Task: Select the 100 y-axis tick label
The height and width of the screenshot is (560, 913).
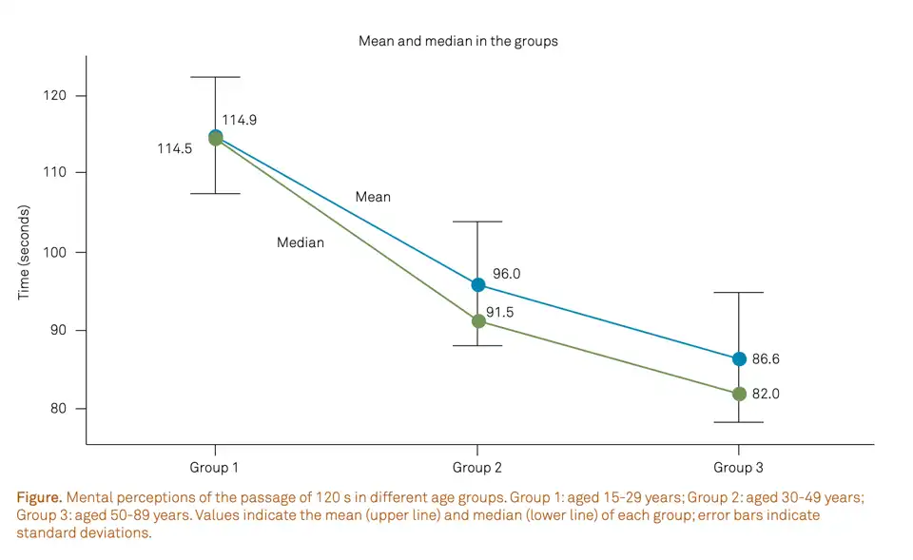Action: [x=56, y=252]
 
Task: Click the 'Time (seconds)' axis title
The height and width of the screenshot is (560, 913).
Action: [x=24, y=252]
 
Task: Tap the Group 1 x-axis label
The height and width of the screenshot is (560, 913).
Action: [x=215, y=468]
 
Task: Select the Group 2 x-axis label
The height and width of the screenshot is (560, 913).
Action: [x=477, y=468]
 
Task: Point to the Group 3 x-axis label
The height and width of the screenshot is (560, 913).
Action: [x=739, y=468]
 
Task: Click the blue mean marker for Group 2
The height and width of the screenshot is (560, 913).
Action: [x=478, y=285]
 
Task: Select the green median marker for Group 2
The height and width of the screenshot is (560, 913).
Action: [x=478, y=321]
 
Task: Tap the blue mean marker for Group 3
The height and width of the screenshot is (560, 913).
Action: [x=739, y=359]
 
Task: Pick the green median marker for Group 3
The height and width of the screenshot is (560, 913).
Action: [x=739, y=394]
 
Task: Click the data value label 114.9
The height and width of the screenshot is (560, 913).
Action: [x=240, y=121]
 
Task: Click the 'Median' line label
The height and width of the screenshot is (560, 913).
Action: [x=301, y=243]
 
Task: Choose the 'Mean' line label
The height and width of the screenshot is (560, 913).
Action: [x=373, y=198]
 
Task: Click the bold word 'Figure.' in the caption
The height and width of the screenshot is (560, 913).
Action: [x=39, y=498]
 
